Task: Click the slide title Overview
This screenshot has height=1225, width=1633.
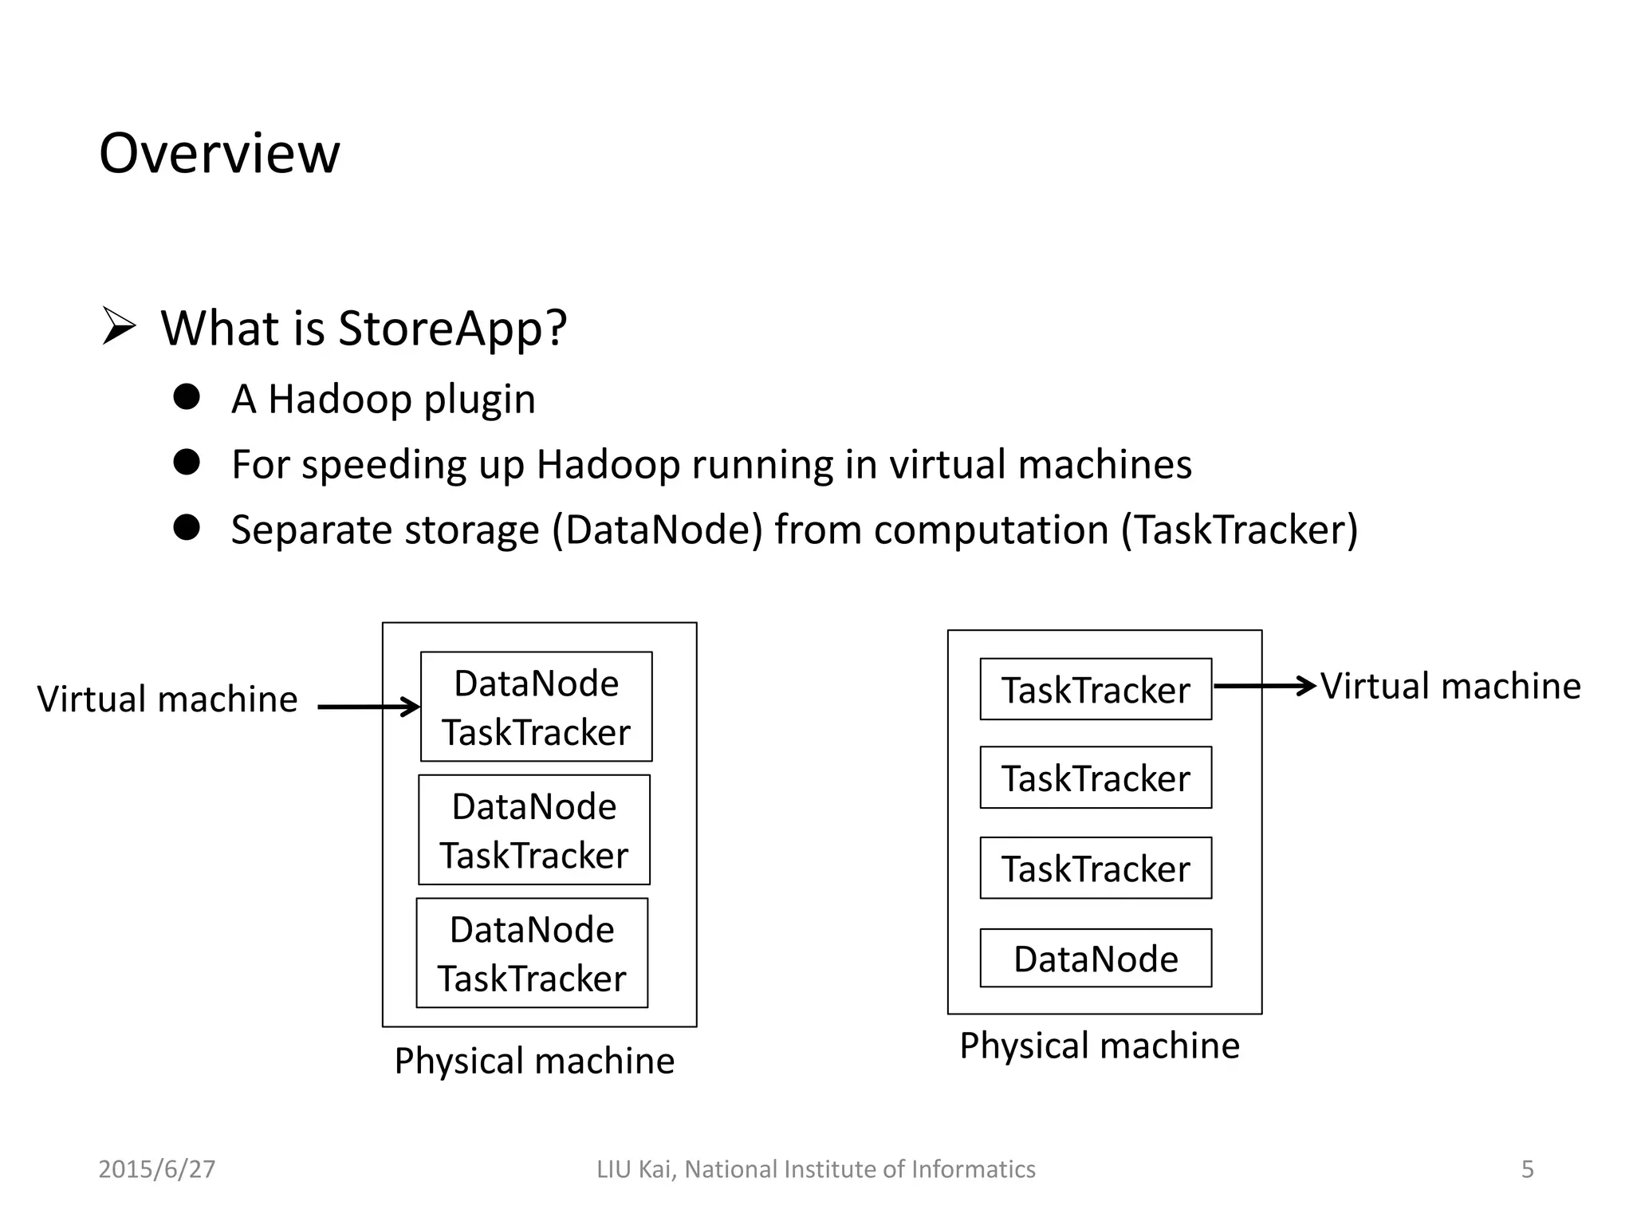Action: tap(219, 153)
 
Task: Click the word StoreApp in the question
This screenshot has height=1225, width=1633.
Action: tap(443, 328)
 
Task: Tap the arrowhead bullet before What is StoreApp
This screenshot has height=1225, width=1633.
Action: tap(119, 327)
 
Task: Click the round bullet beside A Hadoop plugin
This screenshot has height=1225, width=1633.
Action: tap(187, 396)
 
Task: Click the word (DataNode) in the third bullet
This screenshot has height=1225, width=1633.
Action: tap(657, 530)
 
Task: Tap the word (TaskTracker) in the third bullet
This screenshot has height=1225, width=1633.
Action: tap(1239, 530)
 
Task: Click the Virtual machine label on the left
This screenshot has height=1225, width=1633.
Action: tap(167, 699)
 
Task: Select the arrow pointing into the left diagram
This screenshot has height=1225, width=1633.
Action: tap(368, 707)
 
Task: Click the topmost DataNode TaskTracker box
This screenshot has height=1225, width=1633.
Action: tap(536, 707)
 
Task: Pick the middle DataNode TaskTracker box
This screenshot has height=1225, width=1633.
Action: tap(534, 829)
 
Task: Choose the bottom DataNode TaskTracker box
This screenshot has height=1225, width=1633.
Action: tap(532, 953)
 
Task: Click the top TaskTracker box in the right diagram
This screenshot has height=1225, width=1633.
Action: tap(1096, 690)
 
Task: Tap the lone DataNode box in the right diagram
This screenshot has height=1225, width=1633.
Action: tap(1096, 958)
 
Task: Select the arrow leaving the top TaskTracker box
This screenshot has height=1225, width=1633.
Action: tap(1264, 686)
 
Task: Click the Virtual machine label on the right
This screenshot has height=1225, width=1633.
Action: tap(1450, 687)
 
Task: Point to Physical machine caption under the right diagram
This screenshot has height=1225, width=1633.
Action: tap(1099, 1046)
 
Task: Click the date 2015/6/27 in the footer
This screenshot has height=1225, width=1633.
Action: tap(156, 1169)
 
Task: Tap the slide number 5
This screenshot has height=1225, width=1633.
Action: tap(1527, 1169)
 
